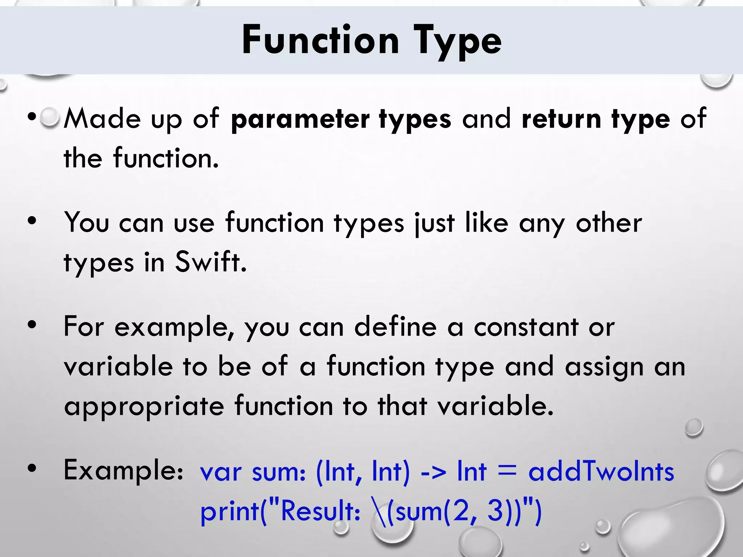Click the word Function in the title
point(321,40)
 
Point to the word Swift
point(211,262)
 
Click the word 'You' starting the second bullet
point(86,223)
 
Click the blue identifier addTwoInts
point(601,472)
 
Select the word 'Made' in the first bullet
point(102,119)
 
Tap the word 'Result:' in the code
point(320,511)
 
